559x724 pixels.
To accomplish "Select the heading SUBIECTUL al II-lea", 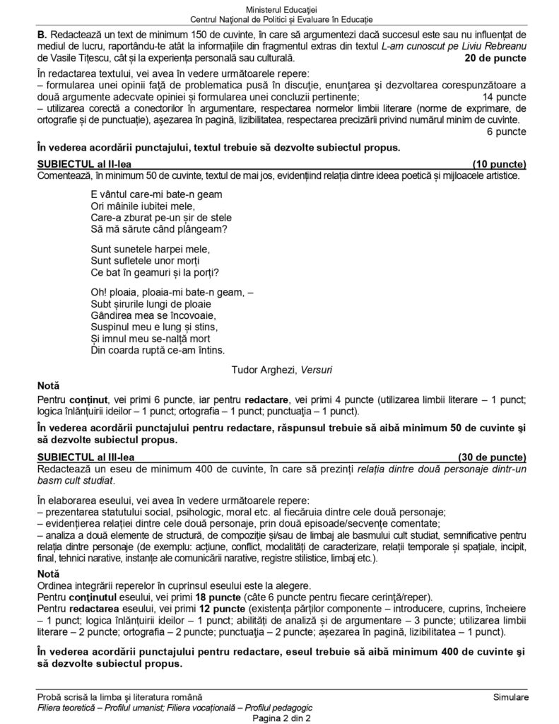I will [x=82, y=163].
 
